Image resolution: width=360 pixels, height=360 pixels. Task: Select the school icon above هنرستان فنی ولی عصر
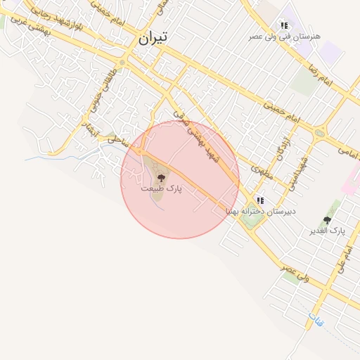284,25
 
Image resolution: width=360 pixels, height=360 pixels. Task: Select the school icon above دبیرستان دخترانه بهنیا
260,200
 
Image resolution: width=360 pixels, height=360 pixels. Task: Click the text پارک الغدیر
328,231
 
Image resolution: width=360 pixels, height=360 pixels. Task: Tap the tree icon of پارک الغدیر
326,220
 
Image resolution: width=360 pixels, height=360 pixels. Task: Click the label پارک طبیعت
161,189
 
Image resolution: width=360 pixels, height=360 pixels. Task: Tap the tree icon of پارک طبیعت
161,179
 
